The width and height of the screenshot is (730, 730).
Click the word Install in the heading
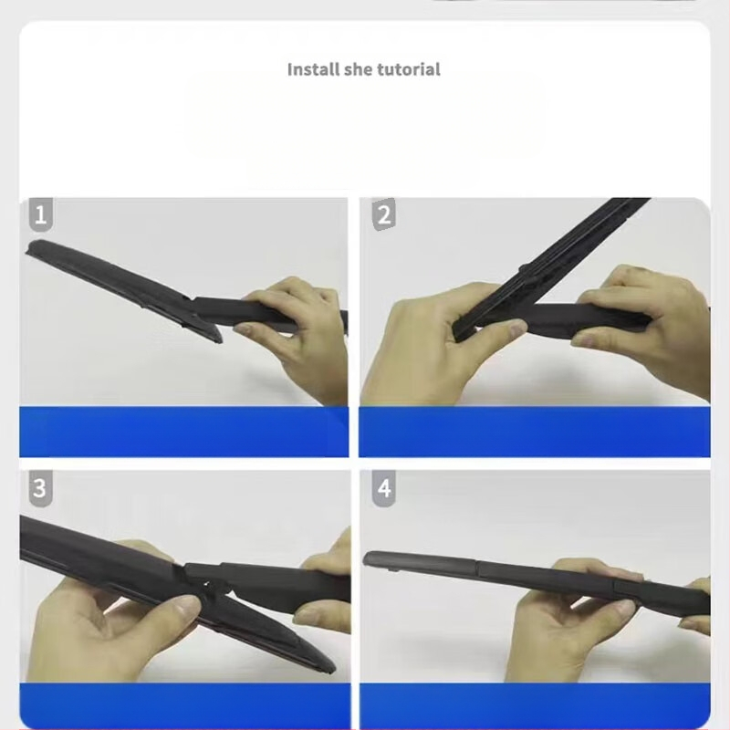pyautogui.click(x=313, y=69)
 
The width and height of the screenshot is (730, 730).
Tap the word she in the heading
pyautogui.click(x=358, y=69)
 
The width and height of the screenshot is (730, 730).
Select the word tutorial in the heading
pyautogui.click(x=408, y=69)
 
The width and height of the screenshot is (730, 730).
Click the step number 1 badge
pyautogui.click(x=40, y=214)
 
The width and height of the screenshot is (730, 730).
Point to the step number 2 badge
pyautogui.click(x=383, y=214)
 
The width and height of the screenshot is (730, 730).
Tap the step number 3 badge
pyautogui.click(x=40, y=487)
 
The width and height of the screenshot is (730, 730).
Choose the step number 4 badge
pyautogui.click(x=383, y=487)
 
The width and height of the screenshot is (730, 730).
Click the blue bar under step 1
pyautogui.click(x=184, y=432)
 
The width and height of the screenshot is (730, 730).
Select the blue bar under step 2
pyautogui.click(x=535, y=432)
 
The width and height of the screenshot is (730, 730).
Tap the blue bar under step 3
pyautogui.click(x=185, y=704)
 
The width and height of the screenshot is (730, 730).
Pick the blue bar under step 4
pyautogui.click(x=535, y=704)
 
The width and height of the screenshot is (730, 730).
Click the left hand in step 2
pyautogui.click(x=438, y=345)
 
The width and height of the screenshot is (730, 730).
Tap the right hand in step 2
pyautogui.click(x=647, y=326)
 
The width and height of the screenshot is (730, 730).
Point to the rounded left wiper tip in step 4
pyautogui.click(x=367, y=558)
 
